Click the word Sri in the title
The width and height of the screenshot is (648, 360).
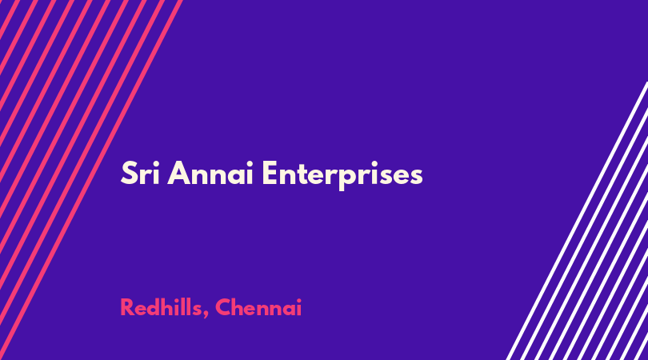pyautogui.click(x=140, y=173)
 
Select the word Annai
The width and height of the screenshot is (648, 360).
pyautogui.click(x=210, y=173)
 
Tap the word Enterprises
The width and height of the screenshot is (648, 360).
pyautogui.click(x=342, y=175)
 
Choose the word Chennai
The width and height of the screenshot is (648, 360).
pyautogui.click(x=258, y=307)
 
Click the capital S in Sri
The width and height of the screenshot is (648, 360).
pyautogui.click(x=129, y=173)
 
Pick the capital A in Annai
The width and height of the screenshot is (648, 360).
pyautogui.click(x=178, y=173)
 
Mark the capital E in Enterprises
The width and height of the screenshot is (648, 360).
pyautogui.click(x=270, y=173)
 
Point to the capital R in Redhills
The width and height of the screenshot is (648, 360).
pyautogui.click(x=127, y=307)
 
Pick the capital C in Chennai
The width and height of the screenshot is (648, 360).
pyautogui.click(x=223, y=307)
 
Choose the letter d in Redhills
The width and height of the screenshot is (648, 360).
pyautogui.click(x=156, y=307)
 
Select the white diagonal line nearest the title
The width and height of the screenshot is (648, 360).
pyautogui.click(x=578, y=221)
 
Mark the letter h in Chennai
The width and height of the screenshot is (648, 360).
pyautogui.click(x=240, y=307)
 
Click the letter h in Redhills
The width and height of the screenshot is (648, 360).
pyautogui.click(x=172, y=307)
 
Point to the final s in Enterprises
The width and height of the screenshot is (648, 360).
pyautogui.click(x=415, y=176)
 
